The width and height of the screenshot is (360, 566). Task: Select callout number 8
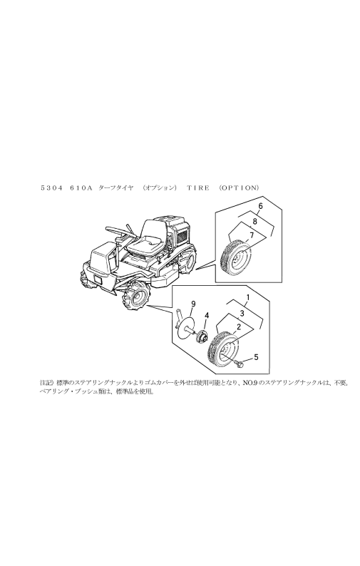[254, 221]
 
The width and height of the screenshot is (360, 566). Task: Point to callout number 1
[247, 296]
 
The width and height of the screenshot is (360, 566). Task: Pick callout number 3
[242, 312]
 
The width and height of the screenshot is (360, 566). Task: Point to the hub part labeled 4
[202, 335]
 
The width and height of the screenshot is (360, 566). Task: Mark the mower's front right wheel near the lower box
[136, 297]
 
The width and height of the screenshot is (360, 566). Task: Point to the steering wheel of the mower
[117, 229]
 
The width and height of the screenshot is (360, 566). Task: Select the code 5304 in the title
[51, 187]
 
